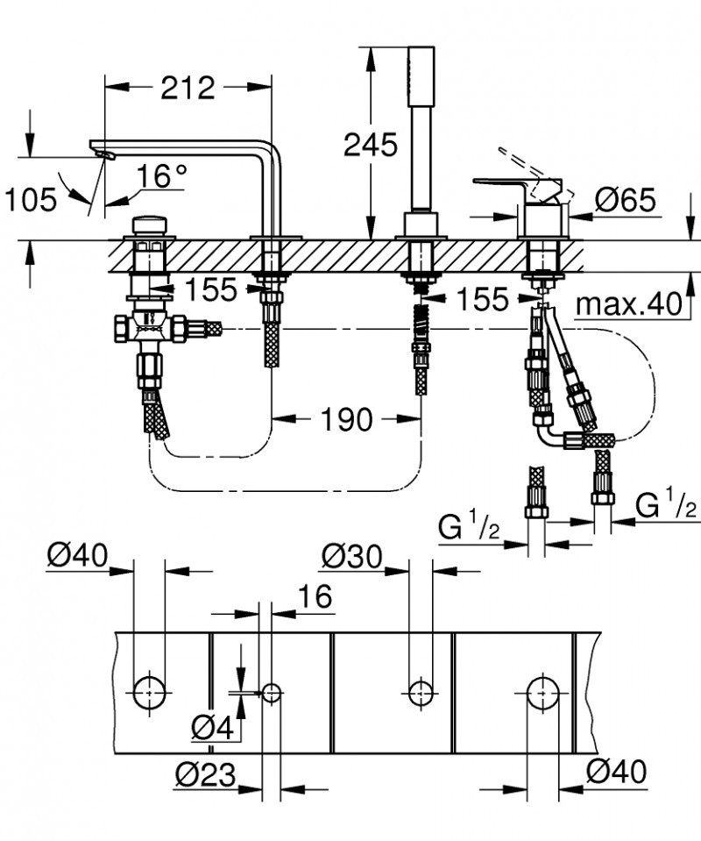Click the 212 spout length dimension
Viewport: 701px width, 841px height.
(x=187, y=88)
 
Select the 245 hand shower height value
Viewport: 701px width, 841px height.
(x=370, y=145)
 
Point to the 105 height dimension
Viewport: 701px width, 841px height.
(x=31, y=200)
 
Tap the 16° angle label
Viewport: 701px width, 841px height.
(x=161, y=176)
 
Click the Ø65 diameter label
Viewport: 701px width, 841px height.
(x=625, y=200)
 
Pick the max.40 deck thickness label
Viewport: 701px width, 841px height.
(x=628, y=304)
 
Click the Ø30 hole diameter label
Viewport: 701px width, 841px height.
(x=352, y=555)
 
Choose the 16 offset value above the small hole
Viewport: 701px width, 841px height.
(x=315, y=597)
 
